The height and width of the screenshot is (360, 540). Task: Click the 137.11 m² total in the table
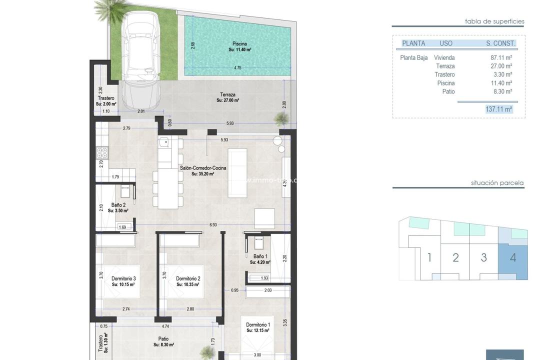pyautogui.click(x=498, y=109)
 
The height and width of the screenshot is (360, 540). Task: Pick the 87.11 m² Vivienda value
pyautogui.click(x=501, y=57)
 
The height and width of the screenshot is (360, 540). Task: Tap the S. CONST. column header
pyautogui.click(x=500, y=43)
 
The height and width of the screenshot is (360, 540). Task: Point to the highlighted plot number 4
pyautogui.click(x=512, y=258)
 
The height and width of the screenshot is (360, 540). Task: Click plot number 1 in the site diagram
pyautogui.click(x=429, y=258)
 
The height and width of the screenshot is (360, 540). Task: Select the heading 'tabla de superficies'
pyautogui.click(x=494, y=21)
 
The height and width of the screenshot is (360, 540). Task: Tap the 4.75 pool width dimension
pyautogui.click(x=238, y=68)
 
